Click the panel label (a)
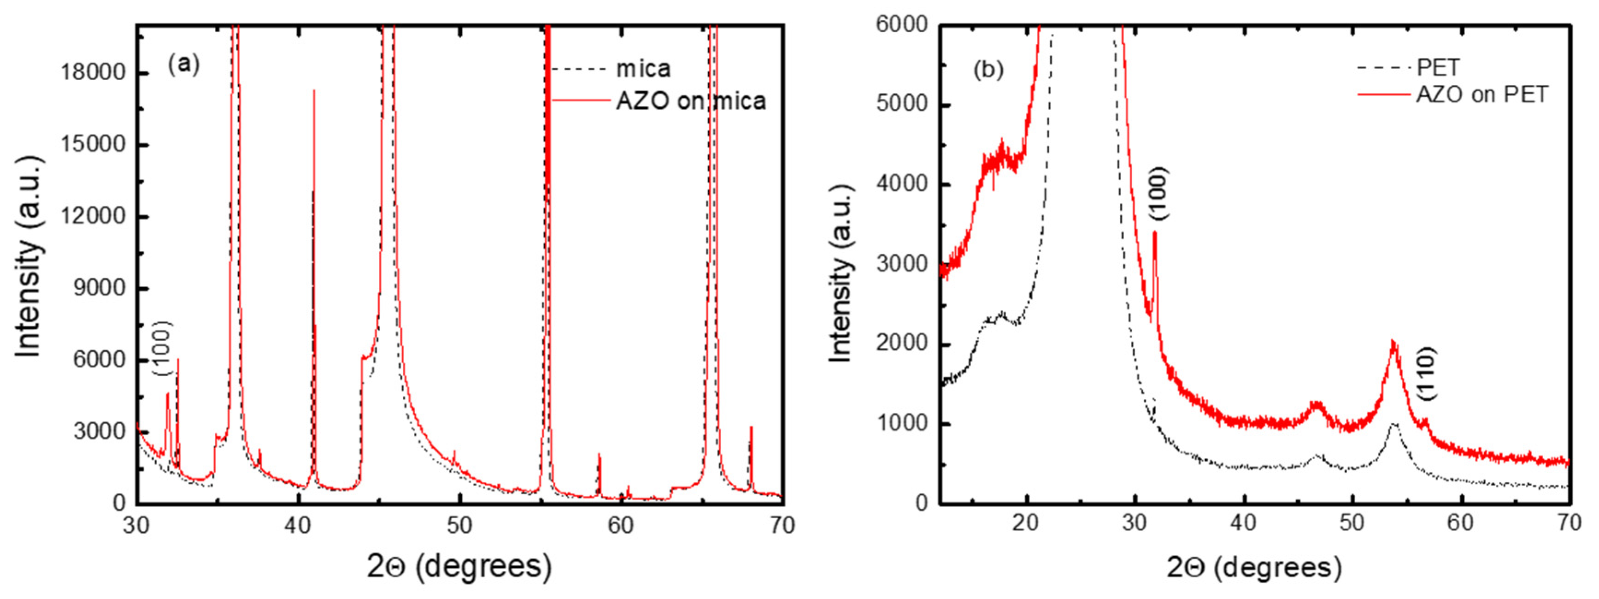pos(184,64)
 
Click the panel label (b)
pos(988,69)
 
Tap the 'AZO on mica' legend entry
pos(690,101)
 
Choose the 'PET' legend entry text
pos(1438,67)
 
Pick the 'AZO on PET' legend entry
pos(1481,95)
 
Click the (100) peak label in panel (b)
pos(1159,193)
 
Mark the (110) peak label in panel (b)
pos(1427,374)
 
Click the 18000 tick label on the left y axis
pos(93,73)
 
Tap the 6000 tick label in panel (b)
pos(901,25)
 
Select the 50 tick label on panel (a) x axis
pos(459,526)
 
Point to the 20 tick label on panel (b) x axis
pos(1025,522)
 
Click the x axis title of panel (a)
pos(459,566)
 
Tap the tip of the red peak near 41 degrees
pos(314,91)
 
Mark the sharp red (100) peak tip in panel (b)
pos(1155,232)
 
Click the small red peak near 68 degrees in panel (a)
pos(752,427)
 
